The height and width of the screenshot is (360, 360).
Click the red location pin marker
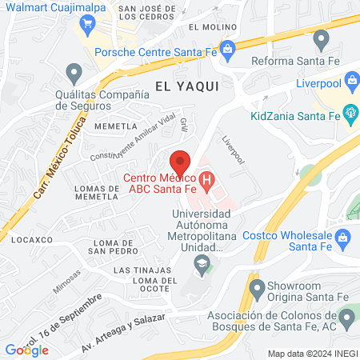coord(181,160)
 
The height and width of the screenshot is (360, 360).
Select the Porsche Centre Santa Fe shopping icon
coord(228,50)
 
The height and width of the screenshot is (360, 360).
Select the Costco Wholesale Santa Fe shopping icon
coord(342,237)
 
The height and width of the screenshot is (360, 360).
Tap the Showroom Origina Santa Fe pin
coord(257,287)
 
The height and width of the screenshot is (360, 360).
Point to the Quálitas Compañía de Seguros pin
coord(74,74)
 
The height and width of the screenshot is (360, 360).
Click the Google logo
coord(26,350)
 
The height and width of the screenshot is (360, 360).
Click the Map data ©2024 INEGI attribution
coord(311,354)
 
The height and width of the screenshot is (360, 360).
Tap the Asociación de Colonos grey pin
coord(346,319)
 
